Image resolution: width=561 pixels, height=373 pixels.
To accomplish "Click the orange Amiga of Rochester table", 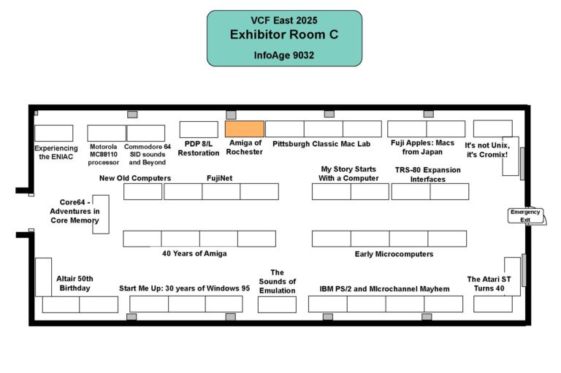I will click(x=245, y=129).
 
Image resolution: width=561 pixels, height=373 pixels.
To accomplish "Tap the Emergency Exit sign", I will click(x=525, y=215).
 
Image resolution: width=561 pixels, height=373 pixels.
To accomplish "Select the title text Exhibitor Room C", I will click(x=284, y=34).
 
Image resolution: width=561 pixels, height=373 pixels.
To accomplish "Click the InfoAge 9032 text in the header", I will click(x=284, y=55).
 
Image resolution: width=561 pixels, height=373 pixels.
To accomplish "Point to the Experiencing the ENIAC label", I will click(x=56, y=152).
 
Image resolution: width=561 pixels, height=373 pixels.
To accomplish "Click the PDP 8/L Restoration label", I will click(x=198, y=148).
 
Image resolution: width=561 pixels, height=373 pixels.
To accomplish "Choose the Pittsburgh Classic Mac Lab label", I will click(x=321, y=144).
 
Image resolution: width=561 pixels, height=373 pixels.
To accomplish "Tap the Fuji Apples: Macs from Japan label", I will click(x=426, y=147).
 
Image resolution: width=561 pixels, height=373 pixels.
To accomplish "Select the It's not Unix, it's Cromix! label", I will click(x=486, y=150).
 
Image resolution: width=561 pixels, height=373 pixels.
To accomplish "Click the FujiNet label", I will click(x=219, y=177).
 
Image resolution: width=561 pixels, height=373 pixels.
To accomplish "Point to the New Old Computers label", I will click(x=135, y=177).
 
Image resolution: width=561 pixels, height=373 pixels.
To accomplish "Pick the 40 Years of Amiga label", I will click(x=194, y=253).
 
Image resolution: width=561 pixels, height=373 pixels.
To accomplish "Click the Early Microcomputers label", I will click(x=394, y=254).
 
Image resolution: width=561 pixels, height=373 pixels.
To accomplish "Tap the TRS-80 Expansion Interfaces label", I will click(x=429, y=174).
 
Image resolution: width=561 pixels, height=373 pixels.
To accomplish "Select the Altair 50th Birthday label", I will click(x=75, y=283).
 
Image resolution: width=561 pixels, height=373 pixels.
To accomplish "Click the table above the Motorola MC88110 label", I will click(x=107, y=133).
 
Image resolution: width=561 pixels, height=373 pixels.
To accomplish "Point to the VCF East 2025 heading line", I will click(x=284, y=20).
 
